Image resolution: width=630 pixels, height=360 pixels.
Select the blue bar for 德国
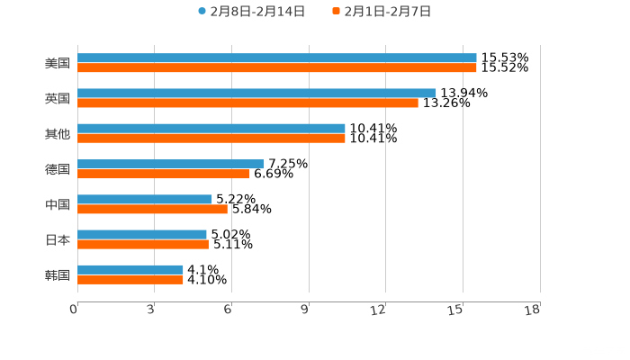(171, 164)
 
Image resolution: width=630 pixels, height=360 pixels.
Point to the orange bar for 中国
(152, 209)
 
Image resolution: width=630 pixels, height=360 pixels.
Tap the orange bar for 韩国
(130, 280)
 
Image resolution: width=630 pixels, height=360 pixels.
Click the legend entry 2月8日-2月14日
(251, 12)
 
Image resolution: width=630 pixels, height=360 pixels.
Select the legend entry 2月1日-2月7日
(382, 12)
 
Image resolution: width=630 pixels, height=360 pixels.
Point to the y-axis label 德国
(58, 169)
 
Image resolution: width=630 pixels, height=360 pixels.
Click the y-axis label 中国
(58, 204)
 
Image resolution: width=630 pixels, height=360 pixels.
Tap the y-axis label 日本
(58, 239)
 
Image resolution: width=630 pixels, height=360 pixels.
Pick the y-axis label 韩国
(58, 274)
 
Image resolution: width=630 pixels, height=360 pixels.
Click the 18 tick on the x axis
(532, 310)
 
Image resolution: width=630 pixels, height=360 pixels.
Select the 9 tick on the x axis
(305, 310)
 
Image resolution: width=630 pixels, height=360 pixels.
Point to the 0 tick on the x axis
(74, 310)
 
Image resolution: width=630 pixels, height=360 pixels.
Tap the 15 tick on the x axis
(456, 310)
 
